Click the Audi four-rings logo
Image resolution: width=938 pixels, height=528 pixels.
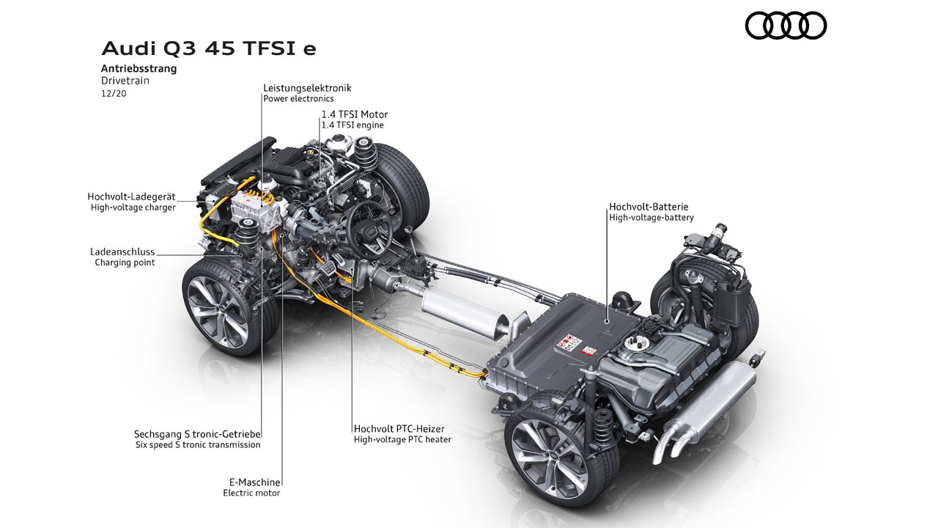[786, 26]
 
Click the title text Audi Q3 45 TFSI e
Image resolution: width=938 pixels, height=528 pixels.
[209, 49]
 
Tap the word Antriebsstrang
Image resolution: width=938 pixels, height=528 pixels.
[139, 69]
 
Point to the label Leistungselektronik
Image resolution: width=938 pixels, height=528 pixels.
[307, 88]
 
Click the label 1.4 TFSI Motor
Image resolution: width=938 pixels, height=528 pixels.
[355, 114]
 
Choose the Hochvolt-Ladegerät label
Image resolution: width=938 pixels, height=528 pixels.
[131, 197]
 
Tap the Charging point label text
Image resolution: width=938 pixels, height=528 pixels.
[125, 263]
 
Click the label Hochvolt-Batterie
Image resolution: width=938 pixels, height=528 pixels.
[649, 207]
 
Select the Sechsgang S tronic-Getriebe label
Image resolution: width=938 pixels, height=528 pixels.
[198, 433]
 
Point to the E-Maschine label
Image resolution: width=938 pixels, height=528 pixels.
[252, 482]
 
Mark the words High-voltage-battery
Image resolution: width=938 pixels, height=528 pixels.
[651, 218]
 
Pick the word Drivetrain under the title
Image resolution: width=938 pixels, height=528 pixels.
[125, 81]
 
